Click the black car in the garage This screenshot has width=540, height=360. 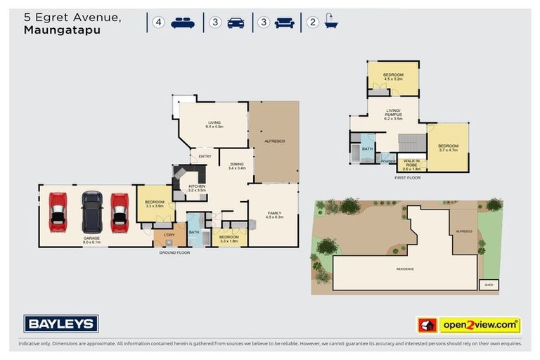pyautogui.click(x=92, y=212)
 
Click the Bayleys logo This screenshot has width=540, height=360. pyautogui.click(x=61, y=323)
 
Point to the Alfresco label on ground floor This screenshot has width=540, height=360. pyautogui.click(x=274, y=141)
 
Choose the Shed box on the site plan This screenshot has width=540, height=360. pyautogui.click(x=488, y=285)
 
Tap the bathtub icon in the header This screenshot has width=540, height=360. pyautogui.click(x=330, y=22)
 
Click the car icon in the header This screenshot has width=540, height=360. pyautogui.click(x=236, y=22)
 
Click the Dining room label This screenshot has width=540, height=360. pyautogui.click(x=236, y=165)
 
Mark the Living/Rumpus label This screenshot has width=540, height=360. pyautogui.click(x=393, y=115)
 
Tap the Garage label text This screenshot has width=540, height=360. pyautogui.click(x=91, y=239)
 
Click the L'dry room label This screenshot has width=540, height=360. pyautogui.click(x=169, y=234)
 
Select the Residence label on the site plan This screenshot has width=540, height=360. pyautogui.click(x=404, y=269)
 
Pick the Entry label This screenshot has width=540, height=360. pyautogui.click(x=205, y=156)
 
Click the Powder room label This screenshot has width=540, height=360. pyautogui.click(x=387, y=161)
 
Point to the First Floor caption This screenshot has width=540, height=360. pyautogui.click(x=407, y=178)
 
